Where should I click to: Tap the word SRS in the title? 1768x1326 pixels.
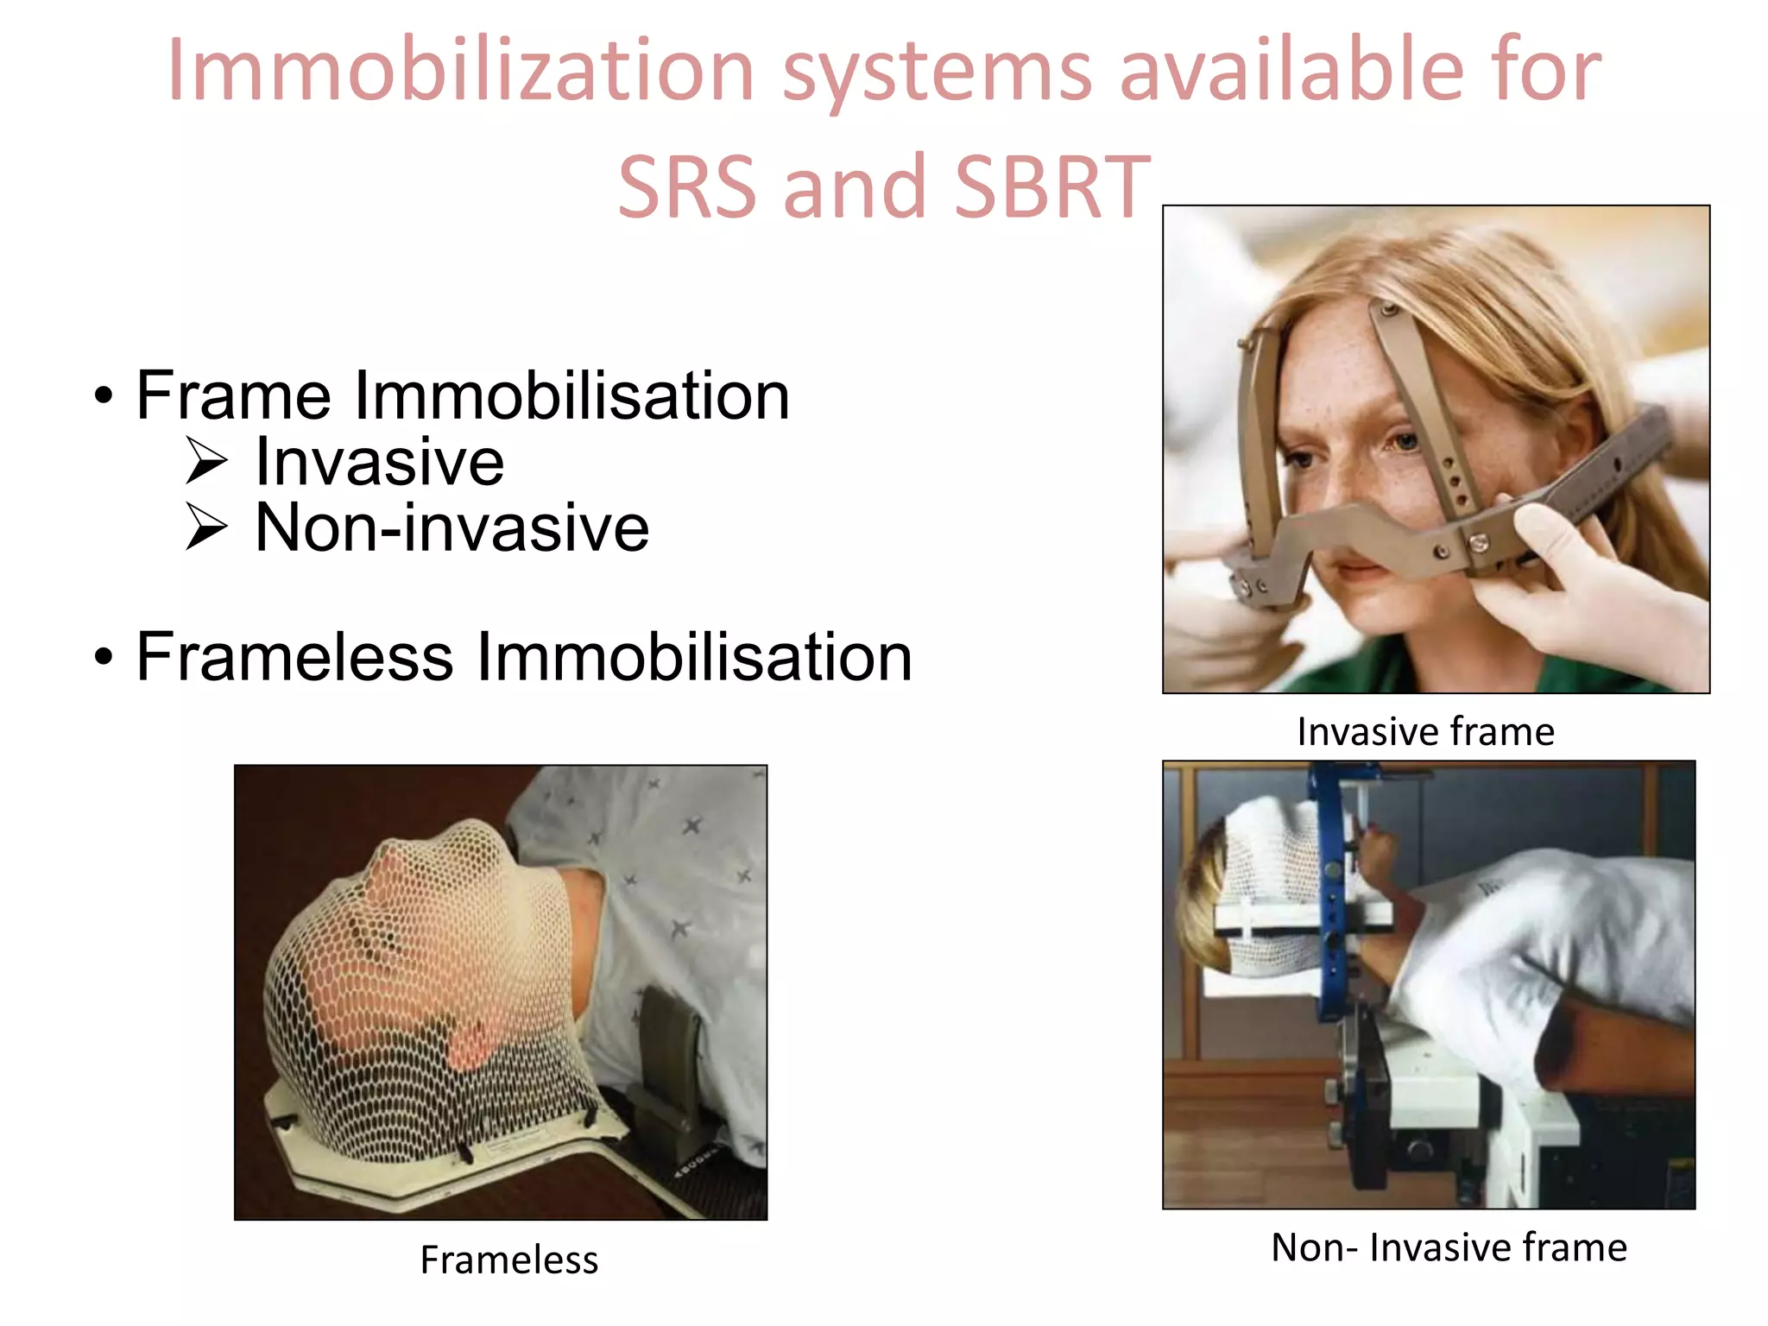687,187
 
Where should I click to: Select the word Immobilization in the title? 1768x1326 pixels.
461,71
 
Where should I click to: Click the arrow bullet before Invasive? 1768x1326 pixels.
207,461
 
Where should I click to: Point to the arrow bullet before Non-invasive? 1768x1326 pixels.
207,527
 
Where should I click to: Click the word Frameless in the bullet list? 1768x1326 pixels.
294,657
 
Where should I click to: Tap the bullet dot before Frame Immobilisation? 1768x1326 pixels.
104,396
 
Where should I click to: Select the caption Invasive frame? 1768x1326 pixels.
1425,732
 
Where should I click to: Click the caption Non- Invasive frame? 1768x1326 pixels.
1449,1247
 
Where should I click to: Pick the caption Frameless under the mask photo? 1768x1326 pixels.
508,1260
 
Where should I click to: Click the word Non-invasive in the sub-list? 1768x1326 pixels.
451,527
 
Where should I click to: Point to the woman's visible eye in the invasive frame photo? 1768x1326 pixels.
1404,441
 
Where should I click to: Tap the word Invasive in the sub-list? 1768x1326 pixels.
379,462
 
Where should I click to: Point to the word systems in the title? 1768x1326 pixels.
938,71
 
